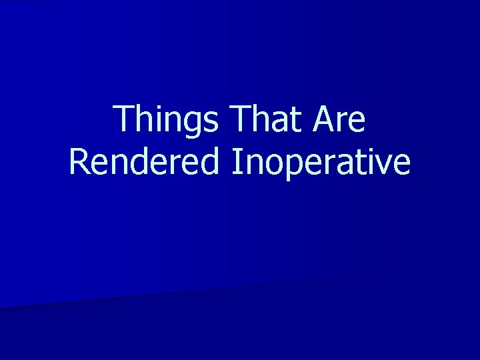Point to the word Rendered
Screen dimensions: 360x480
[145, 162]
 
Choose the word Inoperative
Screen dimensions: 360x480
[321, 162]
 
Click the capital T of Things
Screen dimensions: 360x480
[124, 120]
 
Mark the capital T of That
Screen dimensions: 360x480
[237, 120]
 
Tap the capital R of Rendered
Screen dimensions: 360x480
[79, 162]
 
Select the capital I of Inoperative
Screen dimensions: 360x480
[237, 162]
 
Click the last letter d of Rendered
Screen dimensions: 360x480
[209, 162]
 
